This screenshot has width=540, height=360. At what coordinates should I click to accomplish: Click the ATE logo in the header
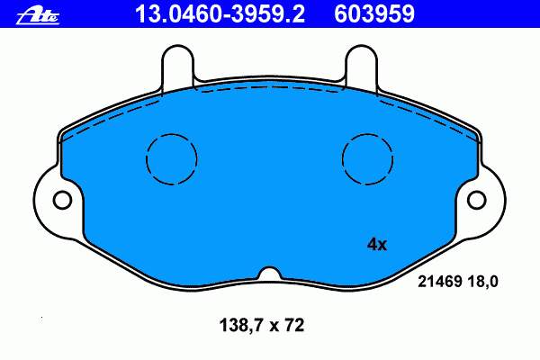[x=38, y=16]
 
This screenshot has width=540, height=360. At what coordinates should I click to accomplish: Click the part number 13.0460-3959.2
[x=220, y=14]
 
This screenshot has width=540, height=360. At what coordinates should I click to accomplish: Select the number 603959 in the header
[x=374, y=14]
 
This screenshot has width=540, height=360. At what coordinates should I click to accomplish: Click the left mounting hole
[x=62, y=200]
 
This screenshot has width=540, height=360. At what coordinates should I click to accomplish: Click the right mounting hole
[x=477, y=200]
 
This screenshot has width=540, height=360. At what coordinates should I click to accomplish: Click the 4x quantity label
[x=377, y=245]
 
